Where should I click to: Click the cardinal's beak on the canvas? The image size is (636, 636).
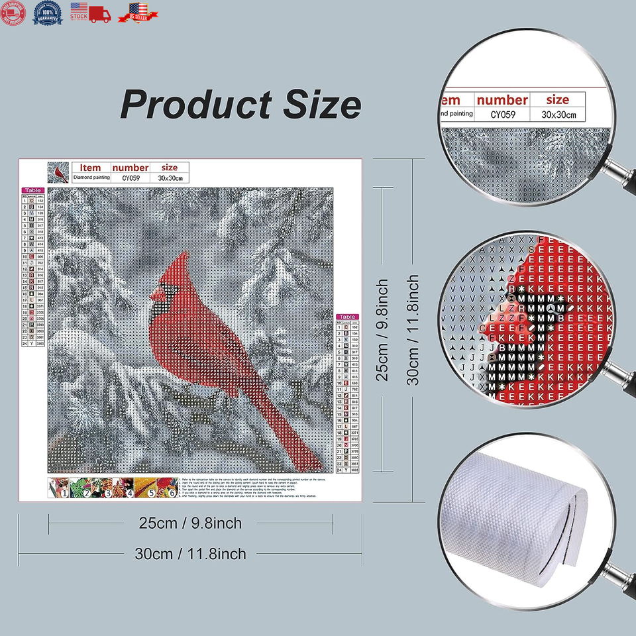click(155, 294)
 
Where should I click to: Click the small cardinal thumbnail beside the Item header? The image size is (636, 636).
click(58, 173)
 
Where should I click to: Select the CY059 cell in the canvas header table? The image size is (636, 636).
click(130, 178)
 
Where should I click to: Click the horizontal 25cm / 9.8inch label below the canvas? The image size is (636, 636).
click(190, 523)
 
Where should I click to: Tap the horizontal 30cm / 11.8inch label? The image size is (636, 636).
click(190, 554)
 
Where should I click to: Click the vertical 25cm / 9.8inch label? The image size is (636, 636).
click(382, 329)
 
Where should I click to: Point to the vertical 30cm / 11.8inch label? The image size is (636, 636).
click(413, 329)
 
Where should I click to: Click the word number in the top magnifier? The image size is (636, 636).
click(502, 100)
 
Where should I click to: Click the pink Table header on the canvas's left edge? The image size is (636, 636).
click(32, 190)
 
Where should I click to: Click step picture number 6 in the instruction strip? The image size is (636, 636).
click(170, 489)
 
